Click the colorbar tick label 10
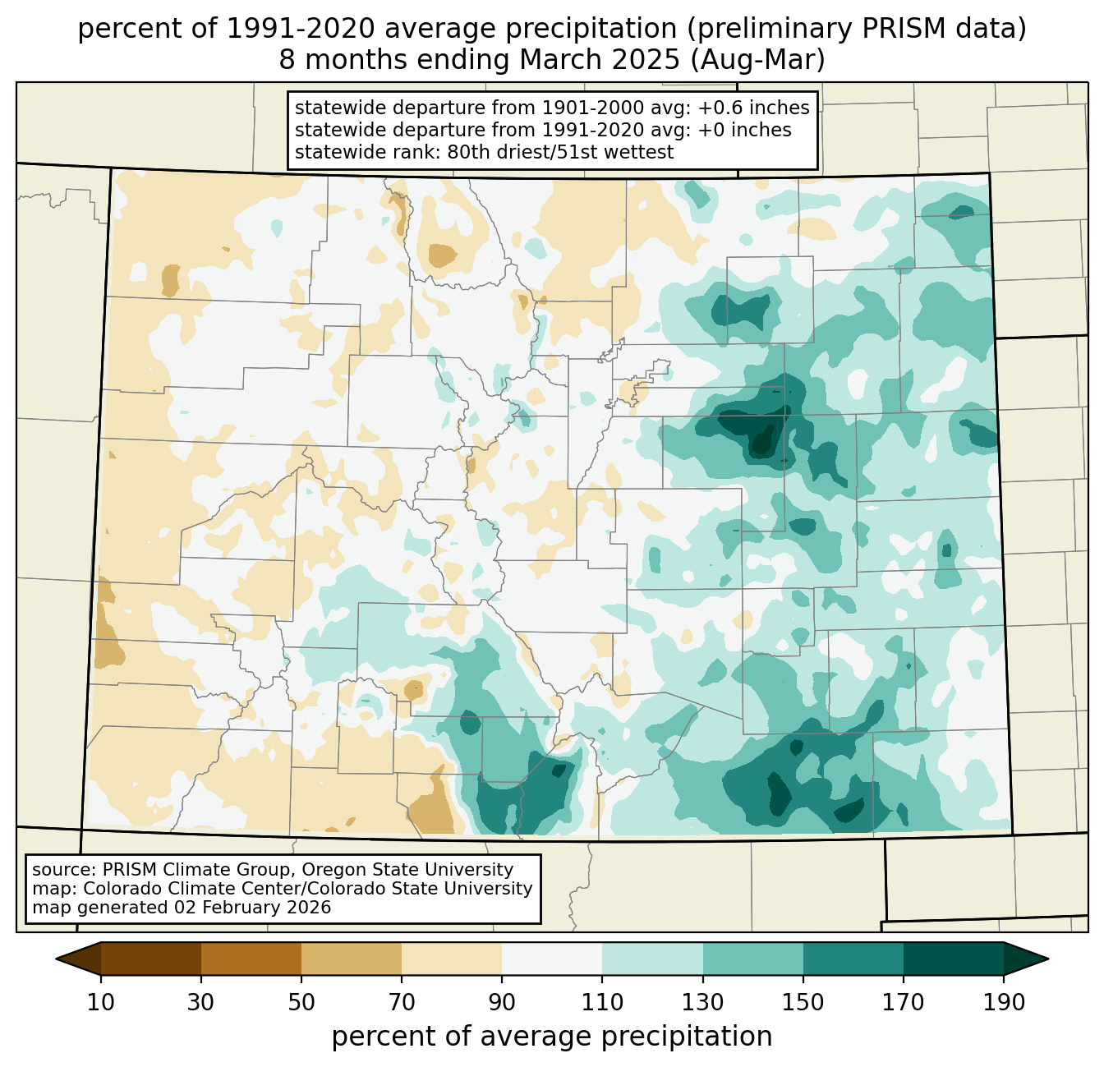100,1002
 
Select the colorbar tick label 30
200,1002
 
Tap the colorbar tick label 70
402,1002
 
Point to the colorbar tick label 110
602,1002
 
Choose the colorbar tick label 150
803,1002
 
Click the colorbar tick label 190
1004,1002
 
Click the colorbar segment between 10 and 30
151,959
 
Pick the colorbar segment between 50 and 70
352,959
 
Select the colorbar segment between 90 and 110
552,959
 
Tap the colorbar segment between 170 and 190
954,959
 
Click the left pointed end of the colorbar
56,959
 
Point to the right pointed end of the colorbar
1048,959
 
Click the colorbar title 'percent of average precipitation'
551,1037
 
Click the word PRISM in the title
896,29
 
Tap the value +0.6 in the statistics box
722,108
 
